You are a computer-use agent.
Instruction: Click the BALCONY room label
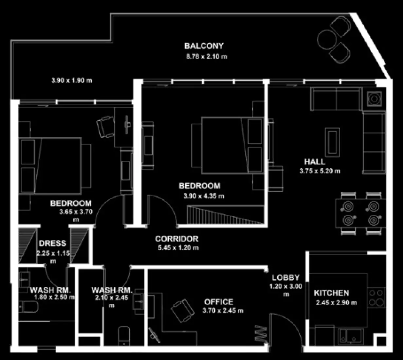(x=204, y=46)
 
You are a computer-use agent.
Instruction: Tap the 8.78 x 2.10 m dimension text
(x=206, y=56)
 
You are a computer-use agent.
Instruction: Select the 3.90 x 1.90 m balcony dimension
(x=72, y=80)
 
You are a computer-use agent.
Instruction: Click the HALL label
(x=315, y=162)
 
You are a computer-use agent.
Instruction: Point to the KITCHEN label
(x=331, y=293)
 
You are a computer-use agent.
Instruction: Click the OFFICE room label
(x=219, y=302)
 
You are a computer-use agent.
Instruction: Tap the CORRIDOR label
(x=177, y=239)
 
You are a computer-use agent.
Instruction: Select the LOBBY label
(x=285, y=278)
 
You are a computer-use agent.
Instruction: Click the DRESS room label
(x=52, y=243)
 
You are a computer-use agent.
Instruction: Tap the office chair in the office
(x=182, y=310)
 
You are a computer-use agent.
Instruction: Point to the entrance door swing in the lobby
(x=285, y=329)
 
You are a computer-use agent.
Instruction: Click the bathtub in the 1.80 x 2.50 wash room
(x=28, y=307)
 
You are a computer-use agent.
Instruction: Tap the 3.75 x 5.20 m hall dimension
(x=320, y=171)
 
